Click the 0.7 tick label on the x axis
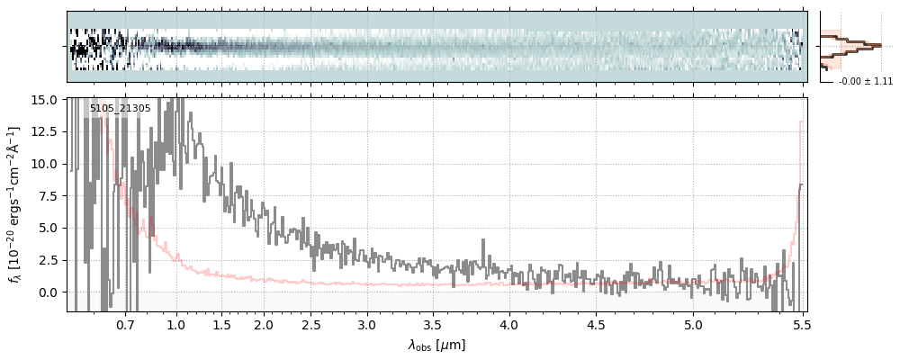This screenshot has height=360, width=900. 126,325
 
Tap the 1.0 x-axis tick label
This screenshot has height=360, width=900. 176,325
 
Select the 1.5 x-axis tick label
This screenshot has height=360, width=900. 222,325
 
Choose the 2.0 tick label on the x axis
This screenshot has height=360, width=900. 264,325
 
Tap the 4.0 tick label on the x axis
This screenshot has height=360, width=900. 509,325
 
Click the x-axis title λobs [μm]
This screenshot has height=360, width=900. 436,346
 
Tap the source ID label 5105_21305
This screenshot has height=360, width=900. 115,107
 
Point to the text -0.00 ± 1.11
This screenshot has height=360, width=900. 866,82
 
